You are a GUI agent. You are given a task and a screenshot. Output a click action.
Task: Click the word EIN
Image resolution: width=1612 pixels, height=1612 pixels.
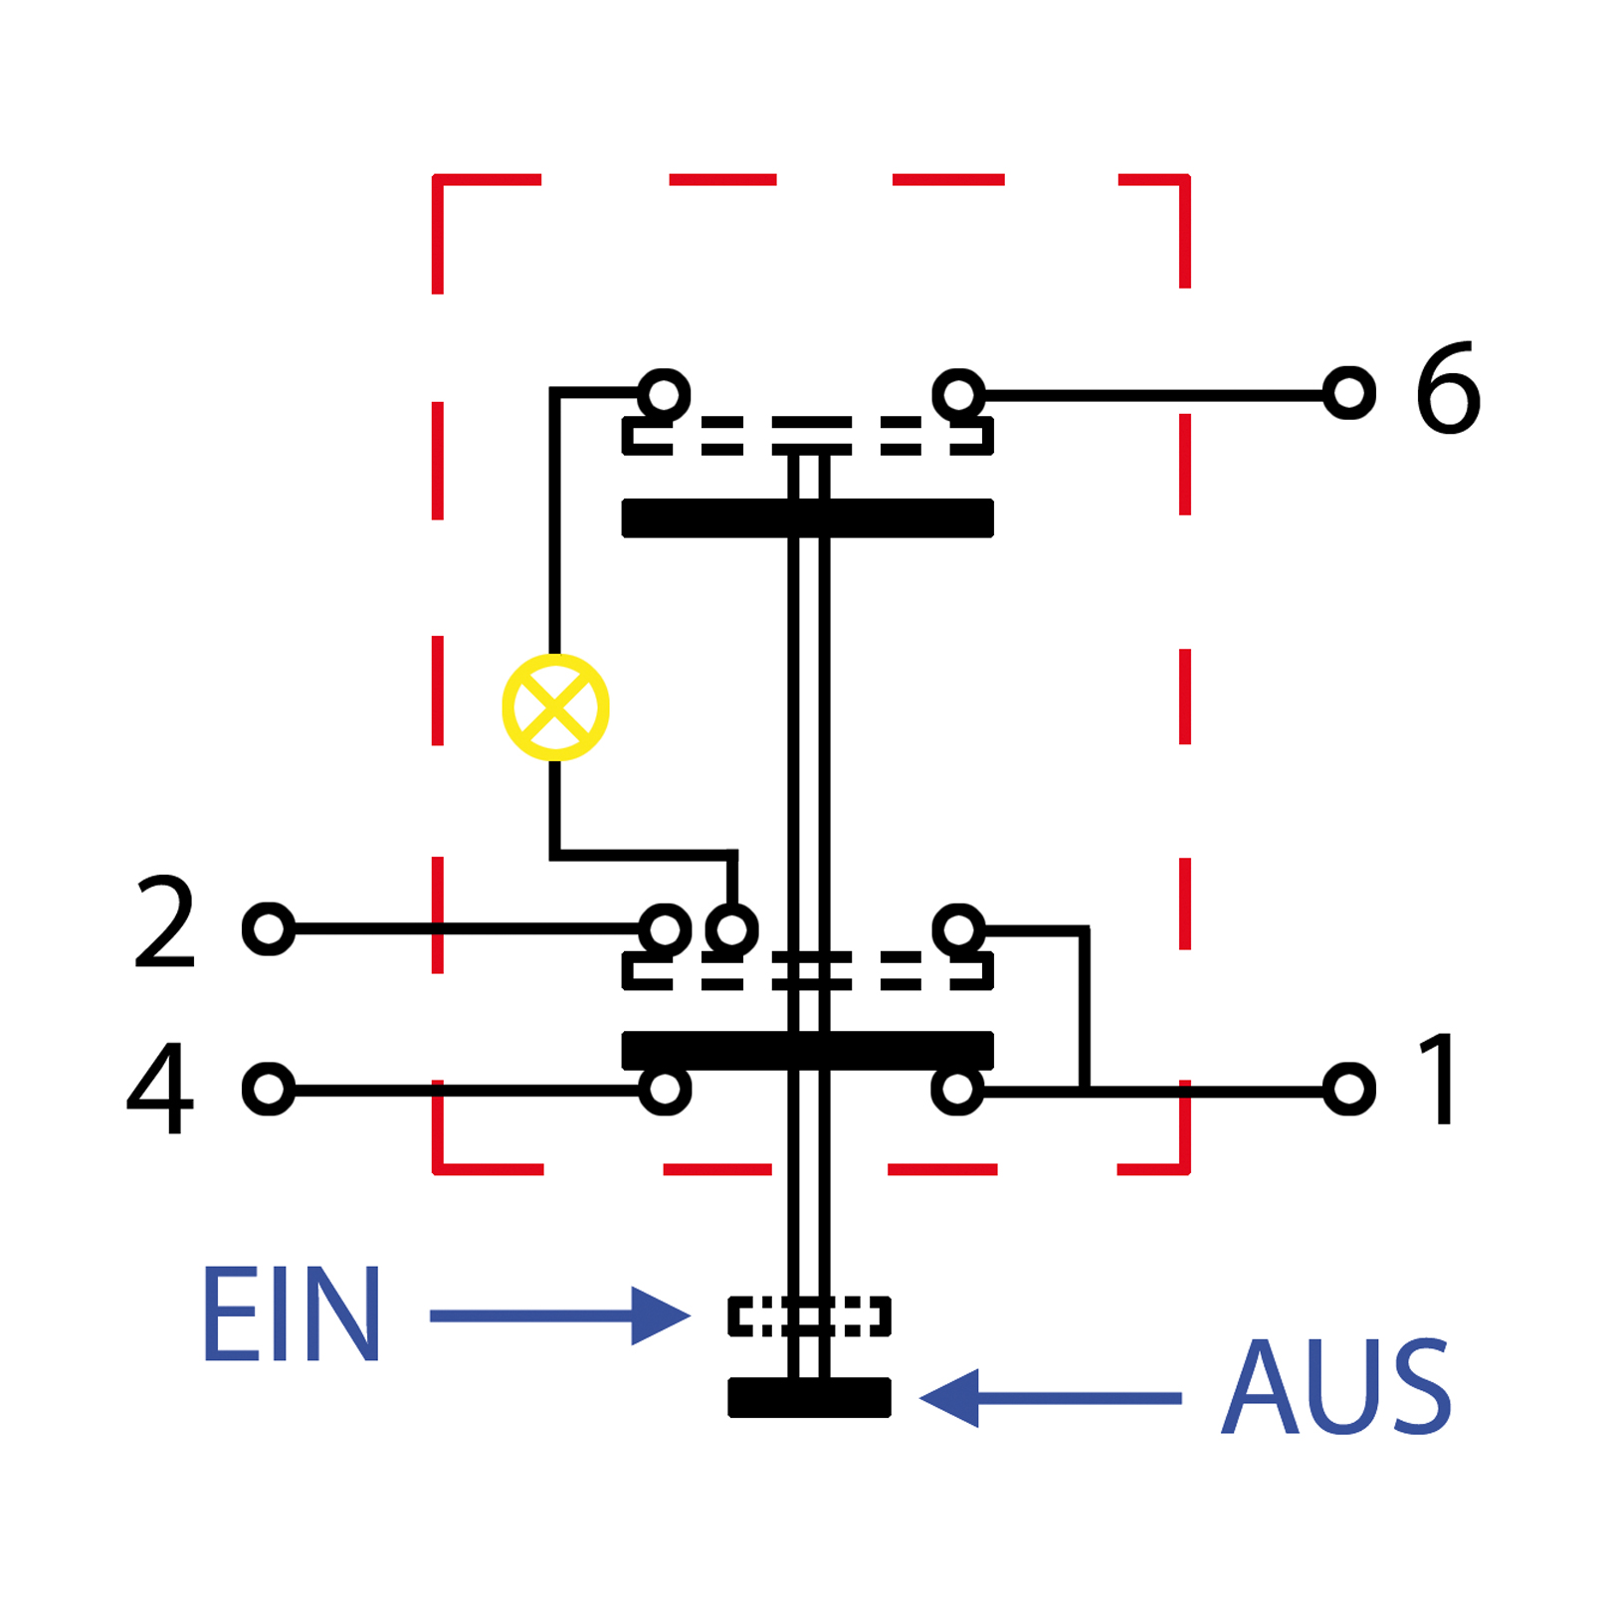(291, 1314)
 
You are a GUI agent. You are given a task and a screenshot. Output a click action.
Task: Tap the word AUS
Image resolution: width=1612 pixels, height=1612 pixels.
(1336, 1386)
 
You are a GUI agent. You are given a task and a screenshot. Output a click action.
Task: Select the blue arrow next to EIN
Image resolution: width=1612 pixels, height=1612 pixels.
(560, 1315)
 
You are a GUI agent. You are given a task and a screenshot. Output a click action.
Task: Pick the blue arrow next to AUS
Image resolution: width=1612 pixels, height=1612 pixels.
(1050, 1398)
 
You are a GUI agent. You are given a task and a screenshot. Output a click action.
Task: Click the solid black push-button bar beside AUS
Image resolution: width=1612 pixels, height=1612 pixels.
(809, 1397)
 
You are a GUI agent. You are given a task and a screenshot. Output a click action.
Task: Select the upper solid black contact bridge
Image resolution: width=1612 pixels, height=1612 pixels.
(808, 517)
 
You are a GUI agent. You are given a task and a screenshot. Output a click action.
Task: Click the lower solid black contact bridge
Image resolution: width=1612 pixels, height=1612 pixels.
(808, 1051)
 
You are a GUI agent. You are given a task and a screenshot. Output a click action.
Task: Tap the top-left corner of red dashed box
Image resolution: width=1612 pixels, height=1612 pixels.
(437, 179)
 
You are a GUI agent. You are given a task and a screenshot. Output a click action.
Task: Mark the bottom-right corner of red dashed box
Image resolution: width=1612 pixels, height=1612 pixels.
(1185, 1169)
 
